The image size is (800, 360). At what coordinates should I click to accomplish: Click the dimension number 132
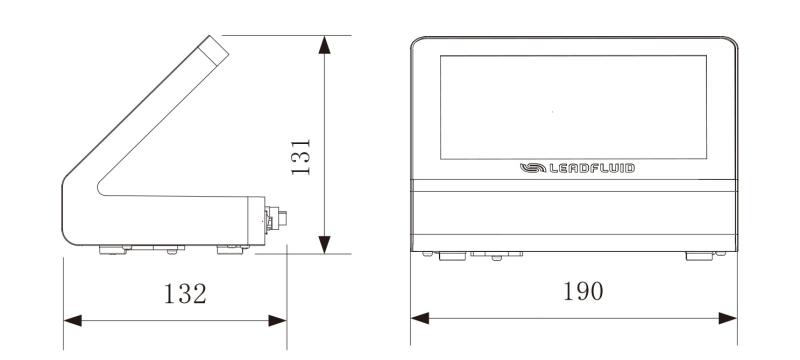point(185,293)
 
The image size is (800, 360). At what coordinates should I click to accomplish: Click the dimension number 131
point(301,157)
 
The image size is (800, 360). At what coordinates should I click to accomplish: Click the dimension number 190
point(583,291)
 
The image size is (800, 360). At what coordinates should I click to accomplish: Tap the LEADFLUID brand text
point(592,168)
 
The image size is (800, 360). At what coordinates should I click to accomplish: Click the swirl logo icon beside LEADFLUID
point(533,168)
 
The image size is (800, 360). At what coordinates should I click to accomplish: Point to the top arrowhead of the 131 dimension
point(324,44)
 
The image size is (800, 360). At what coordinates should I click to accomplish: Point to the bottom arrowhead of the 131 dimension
point(324,245)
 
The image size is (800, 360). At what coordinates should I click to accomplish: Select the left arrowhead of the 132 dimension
point(72,321)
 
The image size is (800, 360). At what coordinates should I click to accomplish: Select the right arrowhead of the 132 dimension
point(277,321)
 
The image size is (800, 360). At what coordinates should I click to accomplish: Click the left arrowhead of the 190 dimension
point(420,318)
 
